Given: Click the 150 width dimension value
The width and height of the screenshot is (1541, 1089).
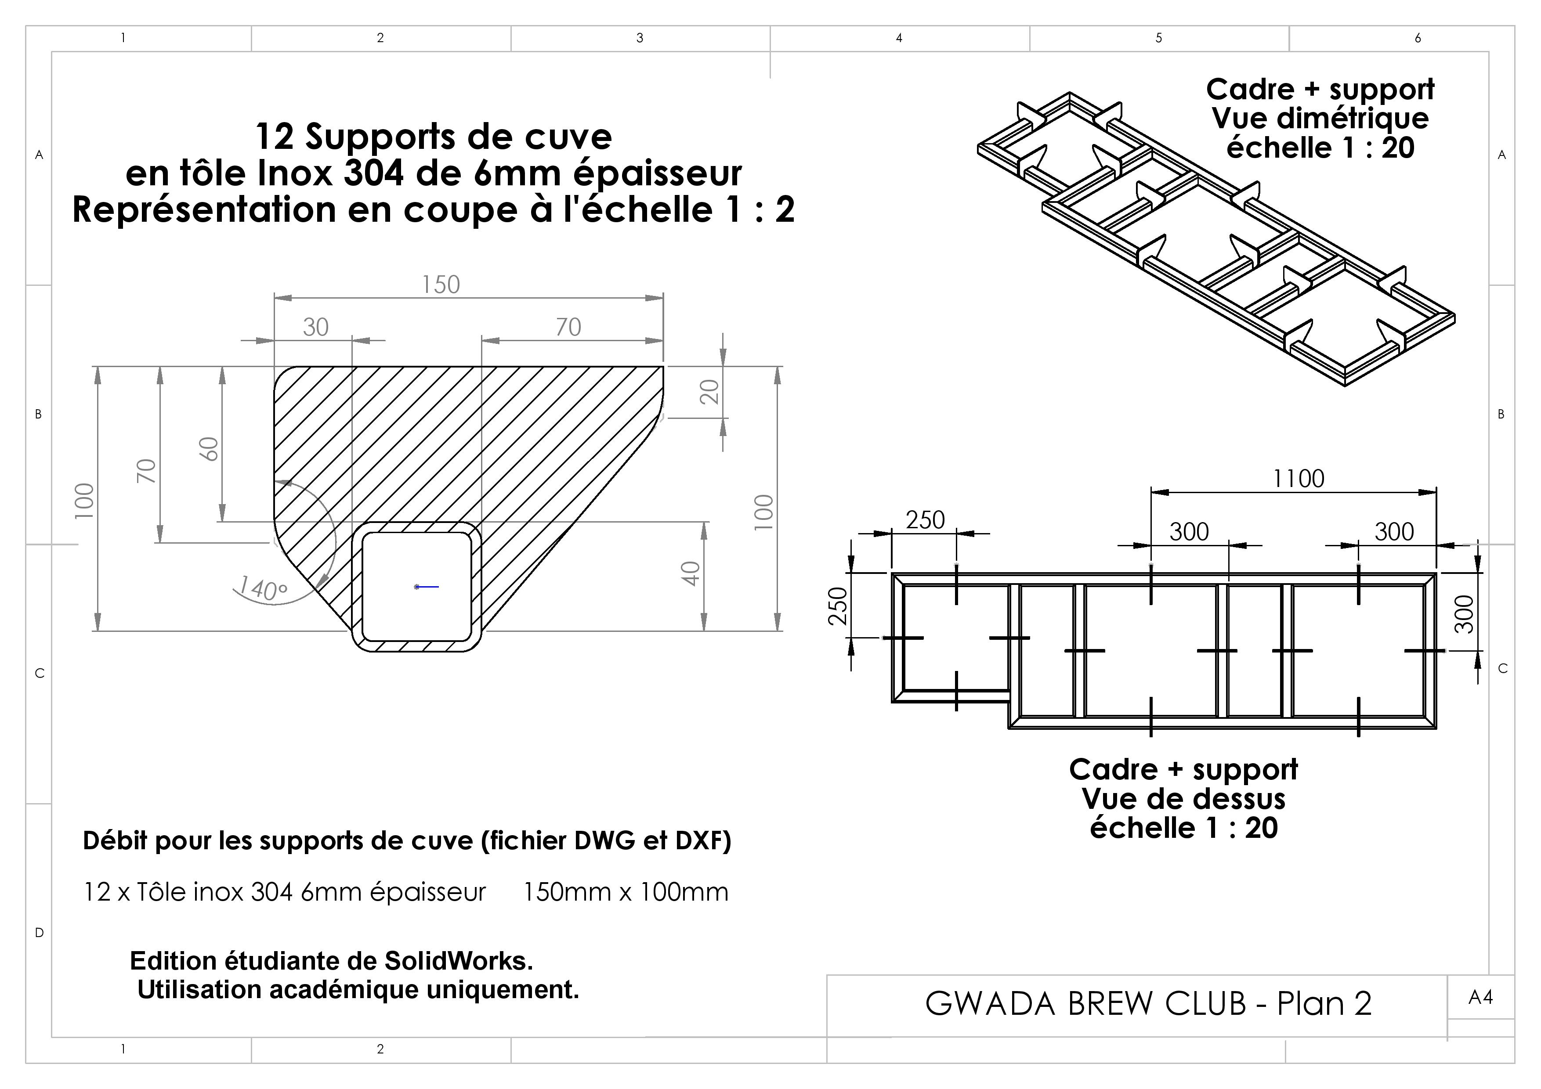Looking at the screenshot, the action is [441, 285].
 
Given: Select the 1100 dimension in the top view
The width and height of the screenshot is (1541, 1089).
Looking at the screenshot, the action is [1299, 478].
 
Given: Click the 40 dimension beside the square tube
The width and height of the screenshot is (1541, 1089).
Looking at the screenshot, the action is [690, 573].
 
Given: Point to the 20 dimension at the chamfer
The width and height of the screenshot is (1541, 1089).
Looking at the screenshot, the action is [709, 391].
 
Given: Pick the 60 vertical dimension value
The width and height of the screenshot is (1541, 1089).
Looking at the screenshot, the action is [210, 449].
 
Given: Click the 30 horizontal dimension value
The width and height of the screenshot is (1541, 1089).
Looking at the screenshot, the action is [315, 328].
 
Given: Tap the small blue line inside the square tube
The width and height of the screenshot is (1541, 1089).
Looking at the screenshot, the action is [427, 587].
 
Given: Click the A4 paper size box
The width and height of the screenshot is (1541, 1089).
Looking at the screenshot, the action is [1480, 998].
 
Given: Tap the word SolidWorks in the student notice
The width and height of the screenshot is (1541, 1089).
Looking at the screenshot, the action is [459, 961].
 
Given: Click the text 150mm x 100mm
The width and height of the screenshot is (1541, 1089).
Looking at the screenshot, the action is [626, 892].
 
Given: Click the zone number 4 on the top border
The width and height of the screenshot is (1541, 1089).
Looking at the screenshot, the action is [899, 38].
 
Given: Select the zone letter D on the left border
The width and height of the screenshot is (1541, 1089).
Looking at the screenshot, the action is [40, 933].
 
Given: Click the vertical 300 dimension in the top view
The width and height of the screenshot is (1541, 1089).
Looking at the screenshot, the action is [1465, 614].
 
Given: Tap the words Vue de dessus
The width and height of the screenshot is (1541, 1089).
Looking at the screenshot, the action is [1183, 798].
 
